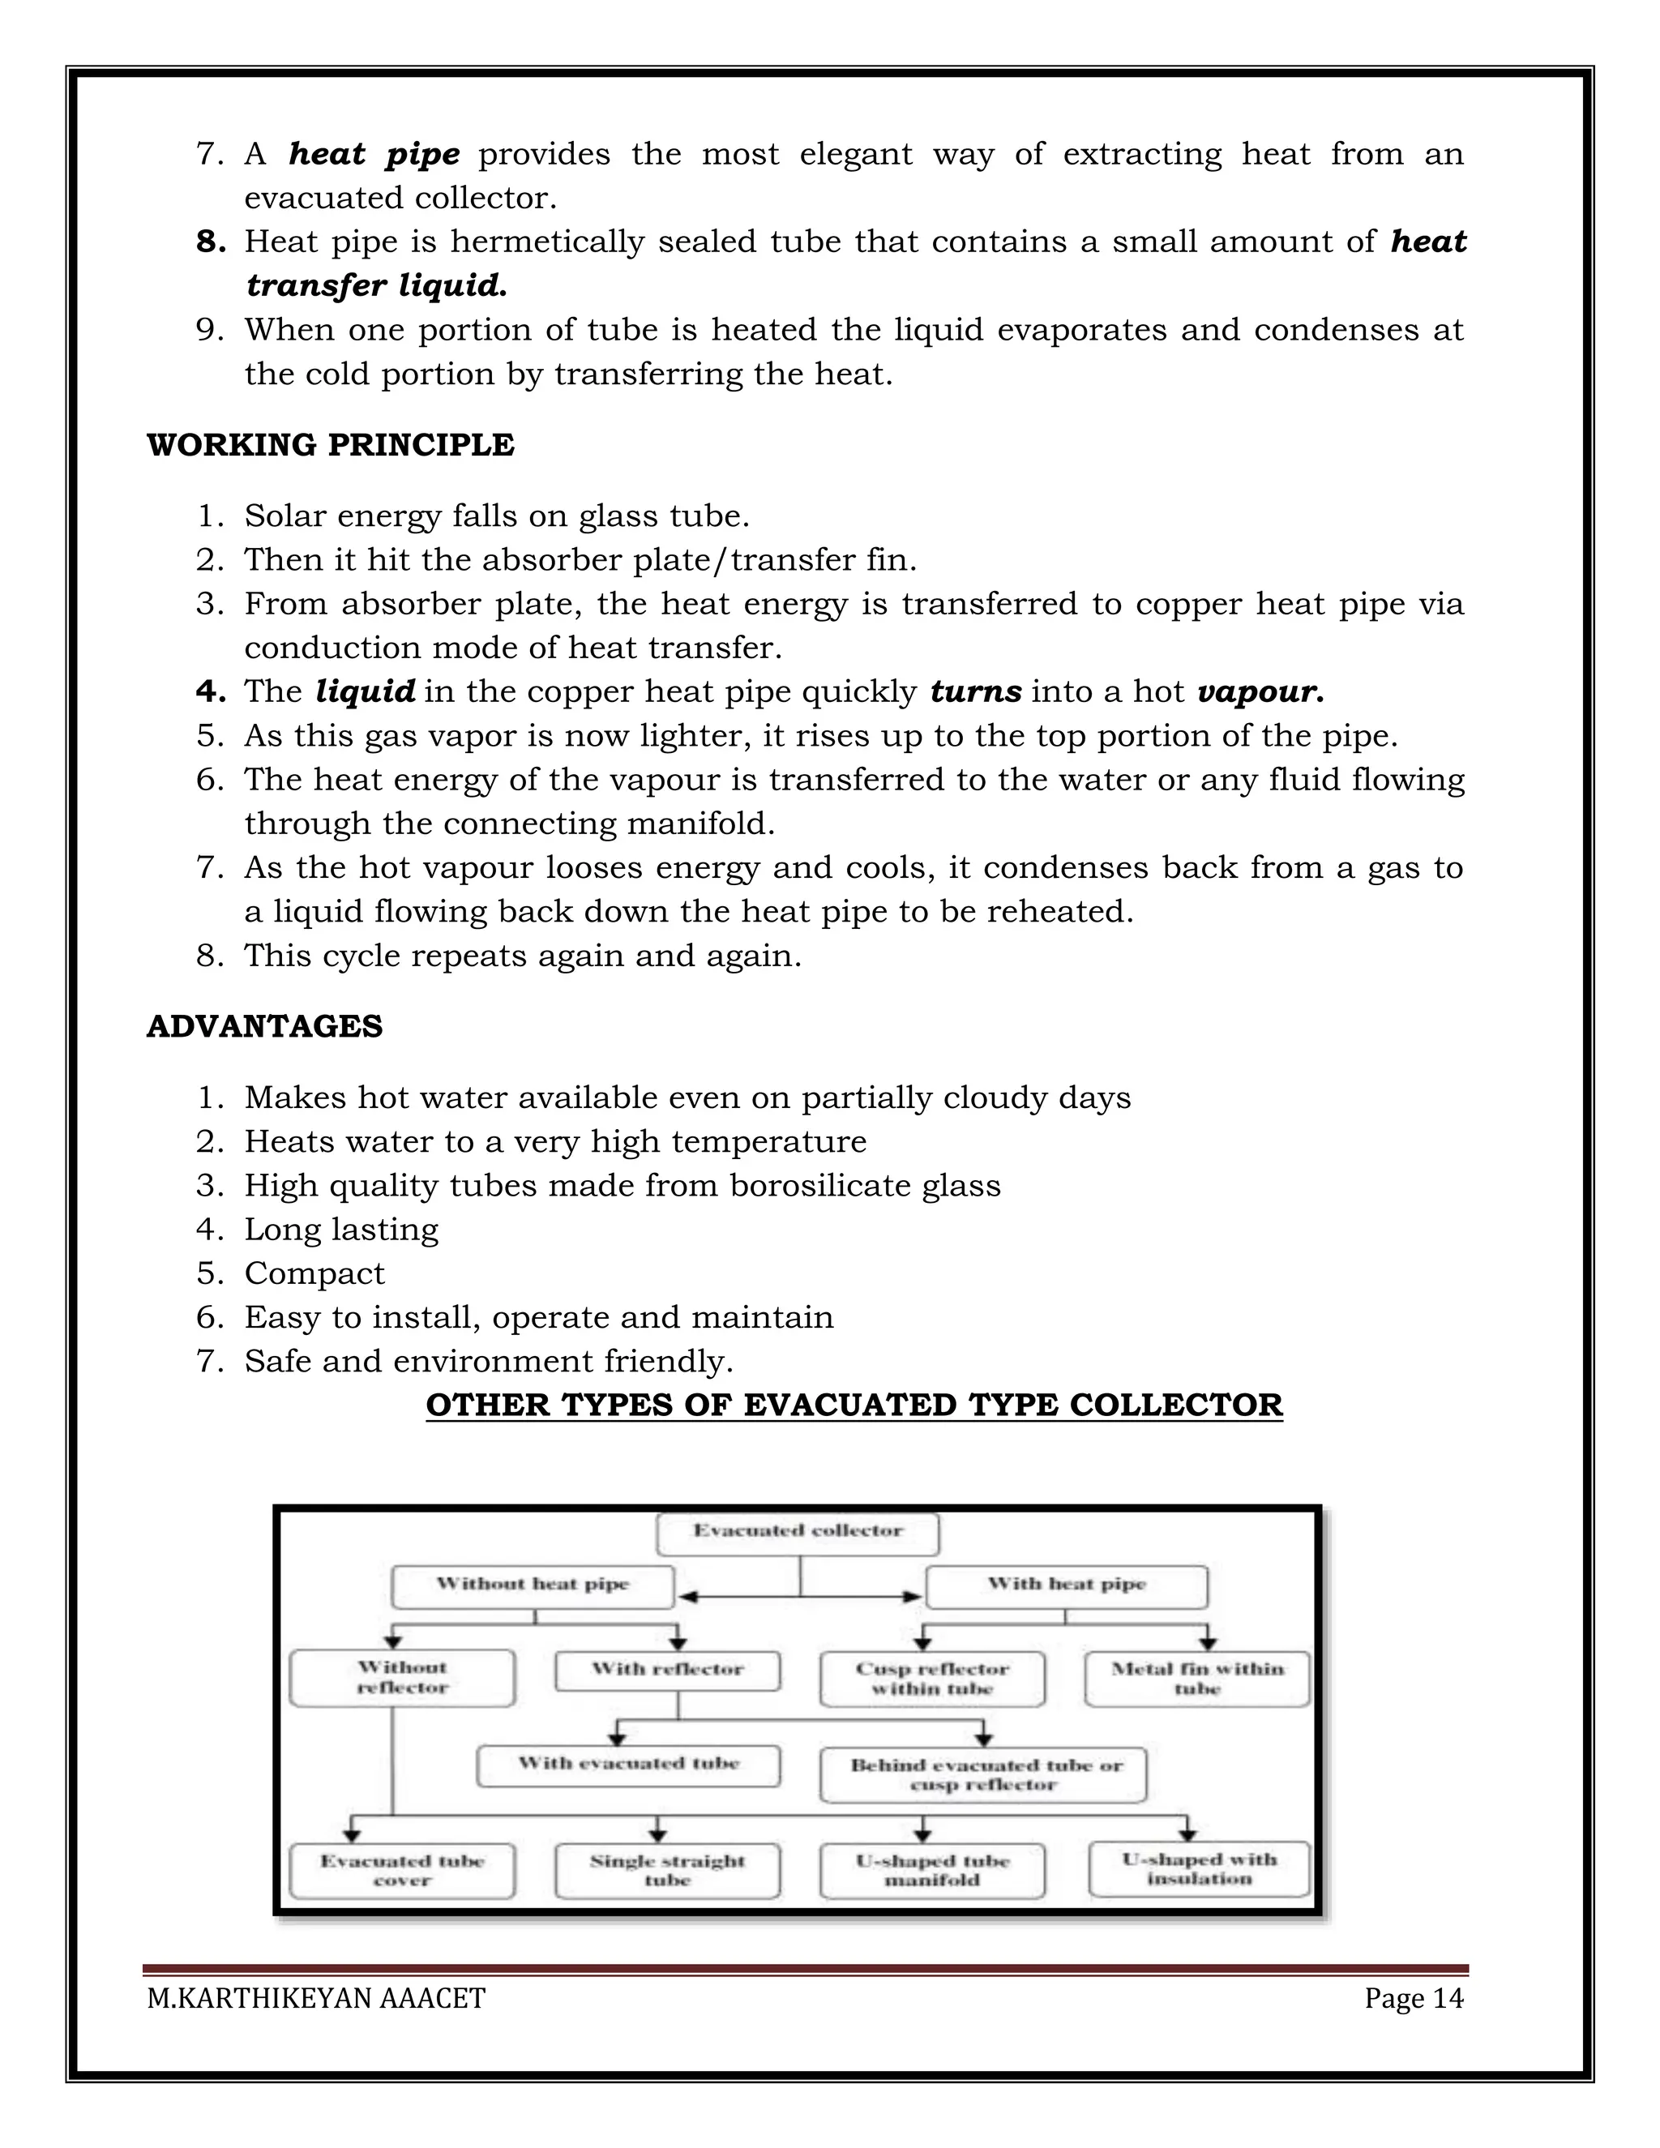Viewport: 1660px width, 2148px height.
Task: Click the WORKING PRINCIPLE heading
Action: point(331,446)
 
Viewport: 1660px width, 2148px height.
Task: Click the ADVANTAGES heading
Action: point(264,1027)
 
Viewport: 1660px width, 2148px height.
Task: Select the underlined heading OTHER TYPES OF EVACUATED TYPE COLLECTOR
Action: point(854,1406)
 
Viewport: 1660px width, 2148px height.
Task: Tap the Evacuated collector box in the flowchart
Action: point(798,1530)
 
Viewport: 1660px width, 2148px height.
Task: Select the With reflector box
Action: point(668,1669)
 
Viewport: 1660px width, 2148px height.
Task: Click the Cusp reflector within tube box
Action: point(932,1678)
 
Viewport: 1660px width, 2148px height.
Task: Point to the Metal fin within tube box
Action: point(1197,1678)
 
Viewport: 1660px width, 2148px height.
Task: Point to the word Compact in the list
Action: point(314,1273)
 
